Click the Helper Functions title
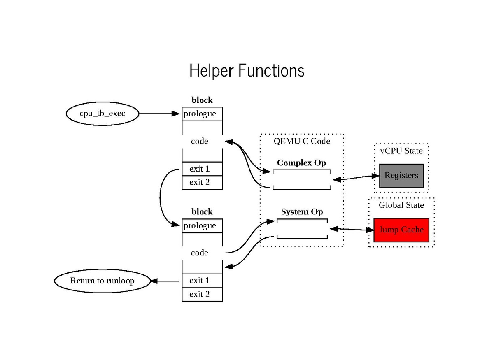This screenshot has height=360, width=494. coord(247,70)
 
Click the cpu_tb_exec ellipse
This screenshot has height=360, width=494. coord(102,114)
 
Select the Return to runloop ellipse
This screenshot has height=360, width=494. coord(102,281)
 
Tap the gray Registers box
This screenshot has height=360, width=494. coord(401,175)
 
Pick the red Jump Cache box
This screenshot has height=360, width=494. coord(401,230)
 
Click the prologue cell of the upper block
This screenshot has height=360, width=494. coord(202,114)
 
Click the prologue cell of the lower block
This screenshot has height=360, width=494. coord(202,225)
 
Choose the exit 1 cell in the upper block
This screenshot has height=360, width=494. coord(202,169)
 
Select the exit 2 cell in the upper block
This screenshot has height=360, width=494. coord(202,182)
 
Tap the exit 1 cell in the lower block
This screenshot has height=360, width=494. coord(202,281)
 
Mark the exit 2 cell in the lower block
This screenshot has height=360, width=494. coord(202,294)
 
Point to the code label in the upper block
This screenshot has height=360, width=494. coord(200,141)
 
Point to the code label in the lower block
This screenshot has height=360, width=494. coord(200,253)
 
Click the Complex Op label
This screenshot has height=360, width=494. coord(301,163)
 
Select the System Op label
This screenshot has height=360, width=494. coord(302,212)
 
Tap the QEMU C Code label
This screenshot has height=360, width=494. coord(302,141)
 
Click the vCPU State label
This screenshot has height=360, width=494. coord(401,151)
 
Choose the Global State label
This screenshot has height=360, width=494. coord(401,205)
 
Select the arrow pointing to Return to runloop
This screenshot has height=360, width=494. coord(165,281)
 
